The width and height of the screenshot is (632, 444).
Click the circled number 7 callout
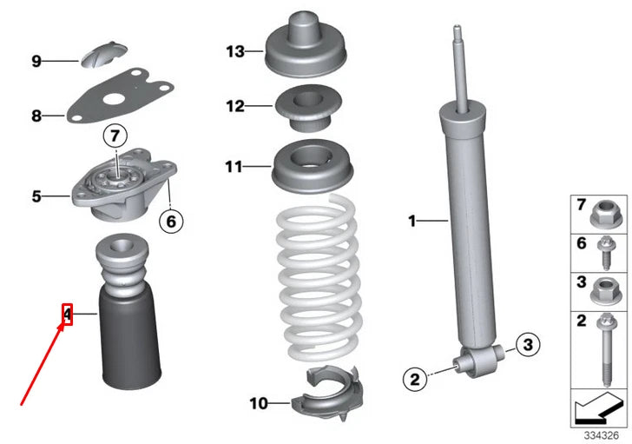[x=115, y=136]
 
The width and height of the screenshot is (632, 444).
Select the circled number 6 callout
[x=171, y=222]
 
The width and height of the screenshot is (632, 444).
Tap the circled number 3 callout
[x=528, y=344]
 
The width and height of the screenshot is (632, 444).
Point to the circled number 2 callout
[x=415, y=379]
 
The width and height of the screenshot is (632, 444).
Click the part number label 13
[x=235, y=51]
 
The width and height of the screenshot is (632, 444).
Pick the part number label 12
[x=235, y=107]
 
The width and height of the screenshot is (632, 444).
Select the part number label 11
[x=234, y=167]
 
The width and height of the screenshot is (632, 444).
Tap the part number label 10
[x=259, y=403]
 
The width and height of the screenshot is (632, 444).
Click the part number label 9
[x=36, y=62]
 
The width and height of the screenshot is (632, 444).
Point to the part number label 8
[x=36, y=116]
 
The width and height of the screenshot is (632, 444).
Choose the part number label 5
[x=36, y=196]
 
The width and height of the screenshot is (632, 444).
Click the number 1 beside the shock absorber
[x=411, y=221]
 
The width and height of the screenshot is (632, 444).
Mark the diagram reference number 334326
[x=602, y=435]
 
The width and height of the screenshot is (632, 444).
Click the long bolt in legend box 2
[x=606, y=350]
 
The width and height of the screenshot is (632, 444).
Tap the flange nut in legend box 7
[x=606, y=215]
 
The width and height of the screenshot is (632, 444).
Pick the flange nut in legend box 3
[x=606, y=292]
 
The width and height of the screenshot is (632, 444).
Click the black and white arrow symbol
[x=598, y=409]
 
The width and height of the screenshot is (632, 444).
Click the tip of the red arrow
[x=64, y=323]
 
